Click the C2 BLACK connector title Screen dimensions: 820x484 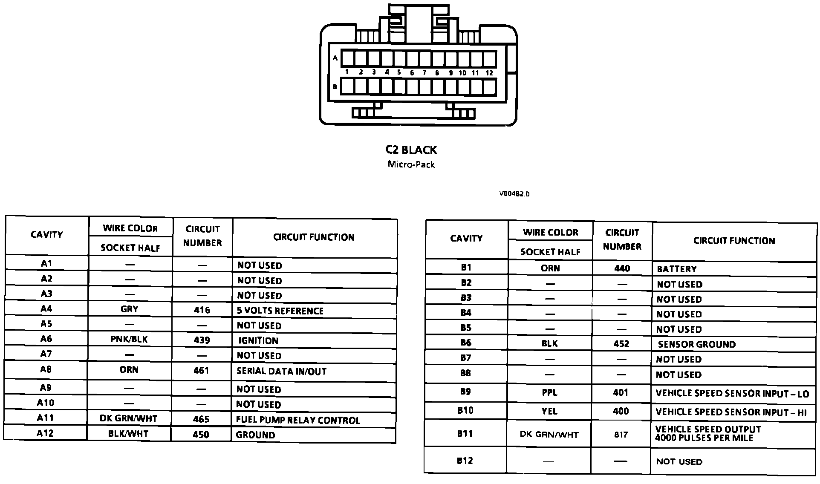click(411, 150)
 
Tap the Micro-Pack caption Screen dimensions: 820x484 click(411, 164)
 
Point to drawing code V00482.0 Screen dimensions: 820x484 click(514, 194)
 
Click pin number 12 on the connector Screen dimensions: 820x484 click(489, 73)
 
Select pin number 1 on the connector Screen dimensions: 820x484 click(347, 72)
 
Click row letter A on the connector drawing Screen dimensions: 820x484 click(335, 58)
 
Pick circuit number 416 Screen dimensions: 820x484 click(202, 310)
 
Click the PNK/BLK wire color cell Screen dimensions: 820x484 click(129, 340)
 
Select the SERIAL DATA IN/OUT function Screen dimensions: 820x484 click(281, 371)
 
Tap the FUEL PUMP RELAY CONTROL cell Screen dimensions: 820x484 click(298, 420)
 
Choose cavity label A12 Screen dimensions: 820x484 click(45, 433)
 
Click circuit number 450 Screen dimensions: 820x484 click(201, 435)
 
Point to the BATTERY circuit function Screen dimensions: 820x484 click(677, 269)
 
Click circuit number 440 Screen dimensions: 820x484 click(622, 268)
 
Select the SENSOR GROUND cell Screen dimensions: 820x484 click(697, 344)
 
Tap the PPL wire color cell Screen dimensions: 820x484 click(549, 392)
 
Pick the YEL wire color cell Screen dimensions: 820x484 click(549, 411)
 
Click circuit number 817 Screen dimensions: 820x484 click(621, 435)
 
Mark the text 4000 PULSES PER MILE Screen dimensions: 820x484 click(704, 438)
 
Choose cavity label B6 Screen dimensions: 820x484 click(466, 343)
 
